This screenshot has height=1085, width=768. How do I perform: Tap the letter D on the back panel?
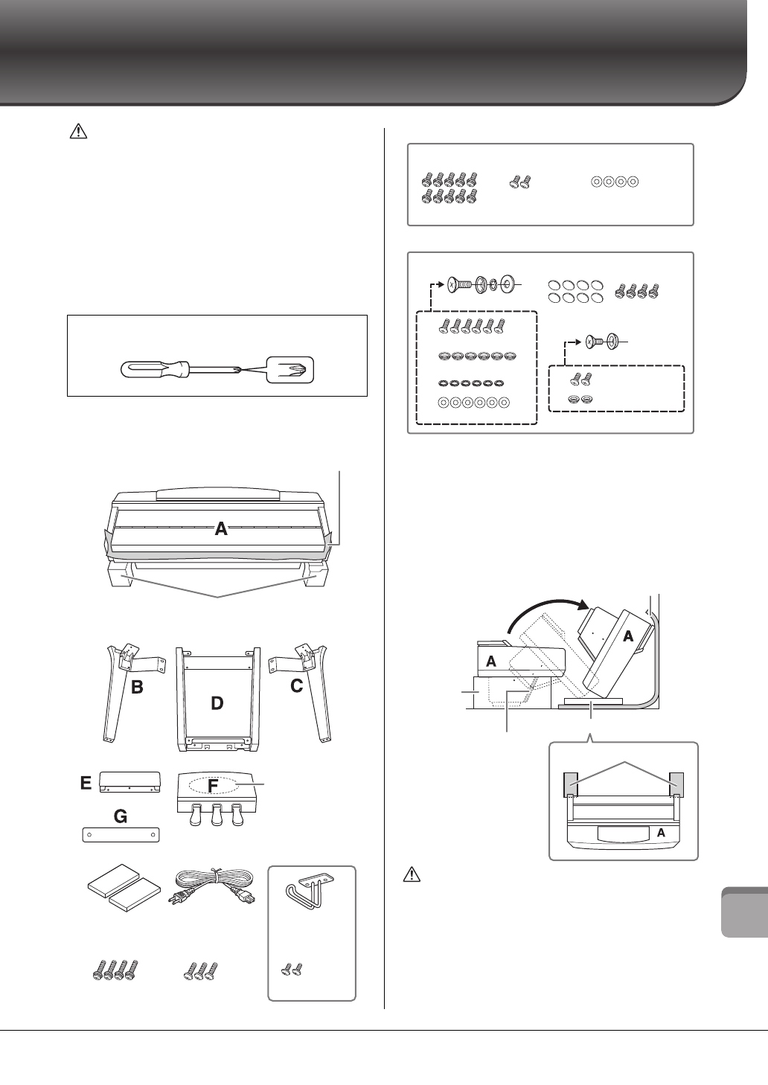point(217,702)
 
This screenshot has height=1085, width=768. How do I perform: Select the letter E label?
point(86,783)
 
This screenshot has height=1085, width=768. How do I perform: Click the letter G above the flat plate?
point(120,817)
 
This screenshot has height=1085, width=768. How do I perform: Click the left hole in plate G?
point(89,834)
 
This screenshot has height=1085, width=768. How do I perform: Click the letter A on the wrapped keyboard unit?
point(221,529)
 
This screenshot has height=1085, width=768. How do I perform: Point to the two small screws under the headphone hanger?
point(290,969)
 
